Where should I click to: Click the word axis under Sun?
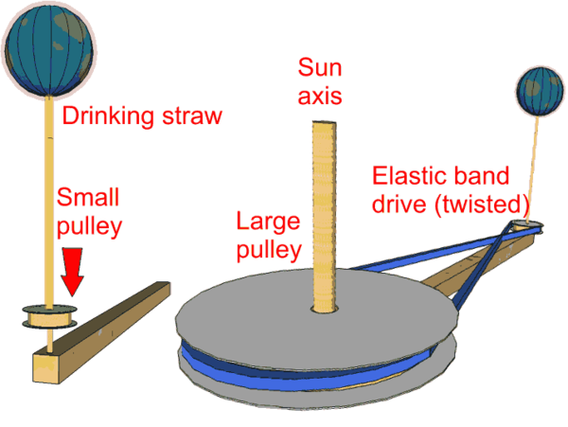tap(319, 96)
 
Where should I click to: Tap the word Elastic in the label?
tap(406, 175)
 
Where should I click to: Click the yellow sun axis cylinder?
tap(324, 218)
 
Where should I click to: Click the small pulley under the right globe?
tap(526, 224)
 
